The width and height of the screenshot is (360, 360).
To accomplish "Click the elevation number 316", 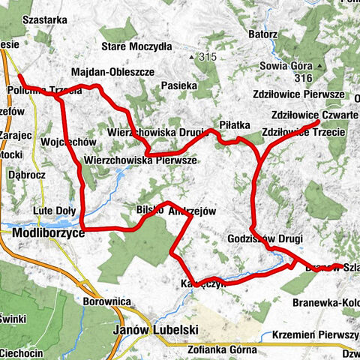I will pyautogui.click(x=303, y=78).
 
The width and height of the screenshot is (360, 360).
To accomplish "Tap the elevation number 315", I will pyautogui.click(x=207, y=58).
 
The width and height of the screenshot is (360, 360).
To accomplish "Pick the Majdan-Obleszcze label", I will pyautogui.click(x=112, y=72).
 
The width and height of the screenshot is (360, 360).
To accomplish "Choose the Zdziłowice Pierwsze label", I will pyautogui.click(x=309, y=95).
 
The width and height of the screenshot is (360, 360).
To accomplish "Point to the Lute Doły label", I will pyautogui.click(x=52, y=211).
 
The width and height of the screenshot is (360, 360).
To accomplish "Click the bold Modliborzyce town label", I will pyautogui.click(x=48, y=234).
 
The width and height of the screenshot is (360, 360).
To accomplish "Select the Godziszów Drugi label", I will pyautogui.click(x=264, y=238).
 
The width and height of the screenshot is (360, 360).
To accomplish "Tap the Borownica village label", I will pyautogui.click(x=103, y=303).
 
